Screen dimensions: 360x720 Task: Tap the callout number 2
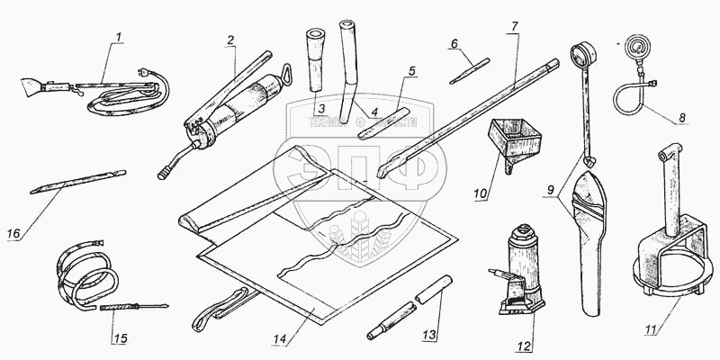[231, 40]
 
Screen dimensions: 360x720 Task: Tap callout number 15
[120, 339]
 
